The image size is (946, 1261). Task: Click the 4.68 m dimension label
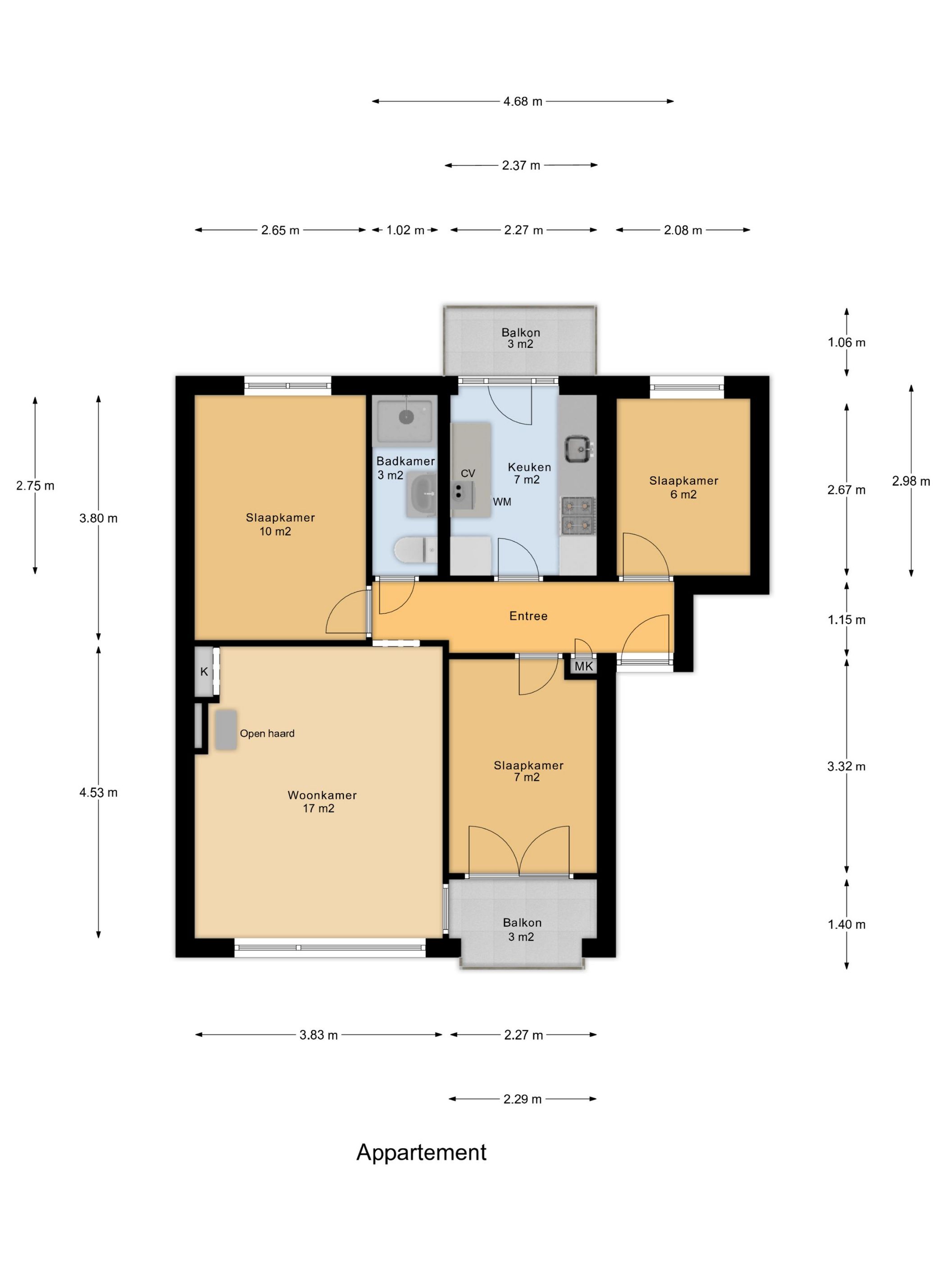click(522, 101)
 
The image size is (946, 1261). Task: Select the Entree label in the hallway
click(528, 616)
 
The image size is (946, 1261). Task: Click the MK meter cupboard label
click(583, 666)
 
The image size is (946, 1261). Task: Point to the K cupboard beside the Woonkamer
click(204, 671)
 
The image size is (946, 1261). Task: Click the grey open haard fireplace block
click(226, 730)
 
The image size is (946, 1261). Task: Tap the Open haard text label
click(267, 734)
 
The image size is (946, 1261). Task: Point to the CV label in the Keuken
click(468, 473)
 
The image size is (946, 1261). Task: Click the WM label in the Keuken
click(502, 502)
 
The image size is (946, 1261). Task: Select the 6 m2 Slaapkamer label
click(683, 487)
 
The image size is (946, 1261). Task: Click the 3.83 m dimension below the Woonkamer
click(318, 1034)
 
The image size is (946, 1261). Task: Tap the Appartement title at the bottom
click(421, 1152)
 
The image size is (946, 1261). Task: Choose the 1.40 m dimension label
click(846, 924)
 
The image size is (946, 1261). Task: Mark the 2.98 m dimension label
click(911, 481)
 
